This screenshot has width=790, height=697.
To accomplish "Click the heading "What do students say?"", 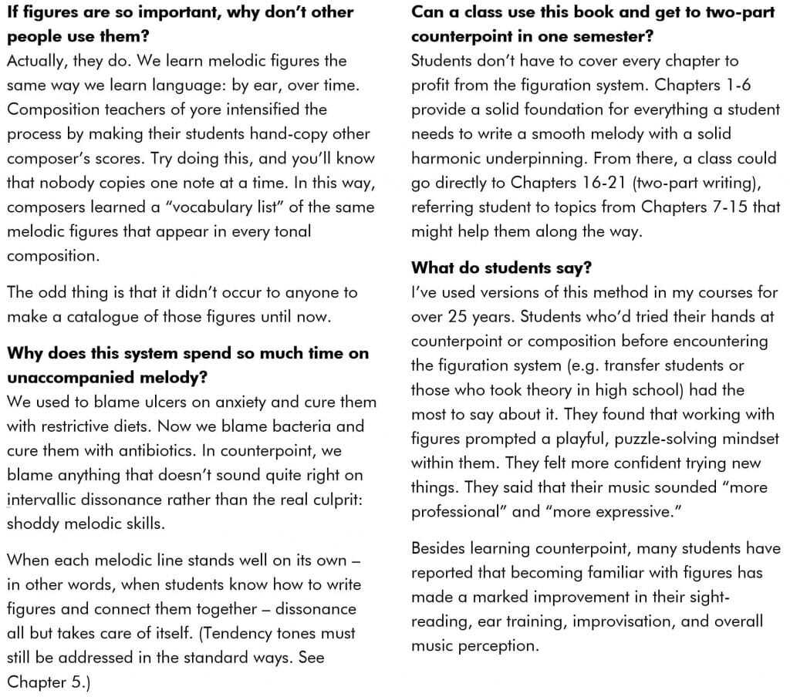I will [501, 268].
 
